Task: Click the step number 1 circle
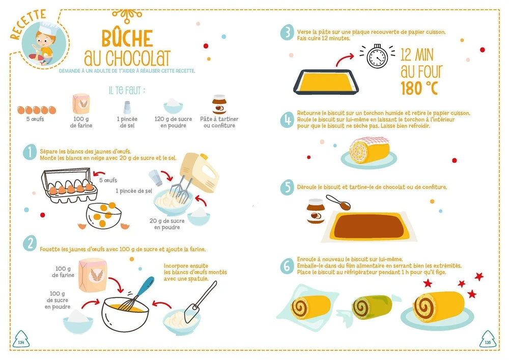pyautogui.click(x=30, y=152)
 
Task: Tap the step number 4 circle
pyautogui.click(x=287, y=120)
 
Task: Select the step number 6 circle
pyautogui.click(x=287, y=266)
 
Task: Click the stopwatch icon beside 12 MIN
pyautogui.click(x=377, y=56)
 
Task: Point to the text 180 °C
pyautogui.click(x=419, y=88)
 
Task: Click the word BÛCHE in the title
pyautogui.click(x=127, y=38)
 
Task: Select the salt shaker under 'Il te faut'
pyautogui.click(x=127, y=107)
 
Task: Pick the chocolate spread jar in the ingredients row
pyautogui.click(x=219, y=104)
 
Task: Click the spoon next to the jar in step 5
pyautogui.click(x=338, y=202)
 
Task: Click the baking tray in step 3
pyautogui.click(x=326, y=81)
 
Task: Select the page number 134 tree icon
pyautogui.click(x=21, y=339)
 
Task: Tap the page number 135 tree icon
pyautogui.click(x=488, y=339)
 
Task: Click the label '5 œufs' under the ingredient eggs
pyautogui.click(x=35, y=119)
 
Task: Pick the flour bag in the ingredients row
pyautogui.click(x=81, y=103)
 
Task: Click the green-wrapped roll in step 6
pyautogui.click(x=372, y=307)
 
